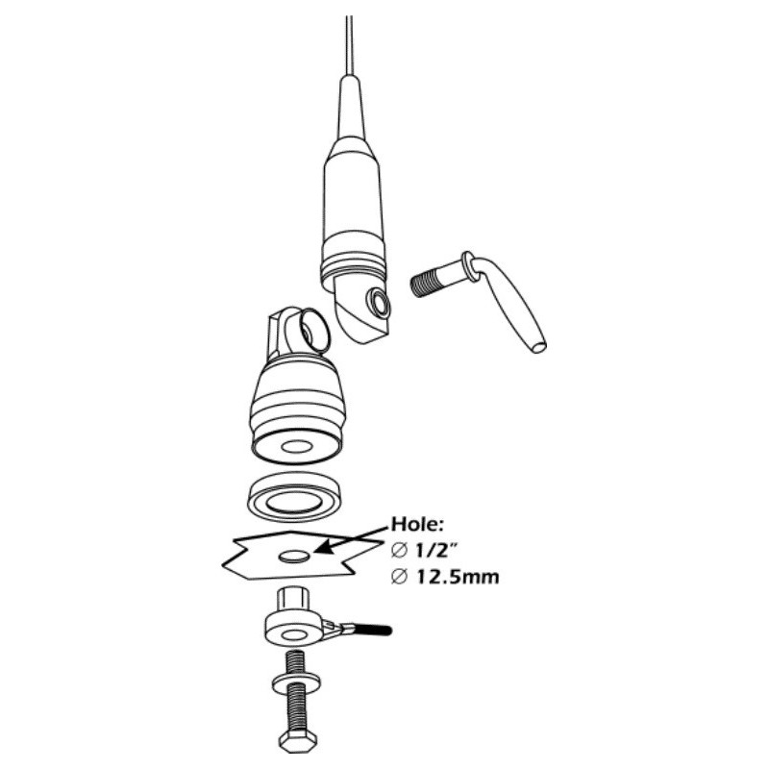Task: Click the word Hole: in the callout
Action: pyautogui.click(x=417, y=524)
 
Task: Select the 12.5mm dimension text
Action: pyautogui.click(x=458, y=577)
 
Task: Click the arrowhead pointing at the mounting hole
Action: pyautogui.click(x=322, y=548)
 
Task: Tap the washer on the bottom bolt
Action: pyautogui.click(x=296, y=682)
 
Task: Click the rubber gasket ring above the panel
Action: pyautogui.click(x=294, y=497)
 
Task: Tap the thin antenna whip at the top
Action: pyautogui.click(x=349, y=45)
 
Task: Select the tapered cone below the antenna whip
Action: pyautogui.click(x=351, y=108)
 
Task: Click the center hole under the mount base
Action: pyautogui.click(x=297, y=447)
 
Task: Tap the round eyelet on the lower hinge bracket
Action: pyautogui.click(x=310, y=331)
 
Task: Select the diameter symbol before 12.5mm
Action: pyautogui.click(x=399, y=578)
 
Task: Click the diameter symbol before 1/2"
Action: pyautogui.click(x=399, y=551)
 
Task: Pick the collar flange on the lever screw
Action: pyautogui.click(x=469, y=267)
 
